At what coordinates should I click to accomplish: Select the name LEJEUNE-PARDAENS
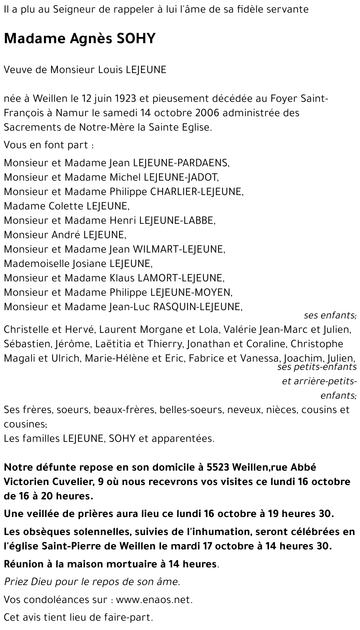181,163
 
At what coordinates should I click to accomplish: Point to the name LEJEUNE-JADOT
181,177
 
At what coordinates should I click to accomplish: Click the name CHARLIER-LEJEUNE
197,192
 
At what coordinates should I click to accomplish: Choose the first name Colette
66,206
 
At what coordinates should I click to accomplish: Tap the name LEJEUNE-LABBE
177,221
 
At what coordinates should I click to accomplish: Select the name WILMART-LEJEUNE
179,249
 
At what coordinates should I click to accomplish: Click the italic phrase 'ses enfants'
330,316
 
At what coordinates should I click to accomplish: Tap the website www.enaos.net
154,600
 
